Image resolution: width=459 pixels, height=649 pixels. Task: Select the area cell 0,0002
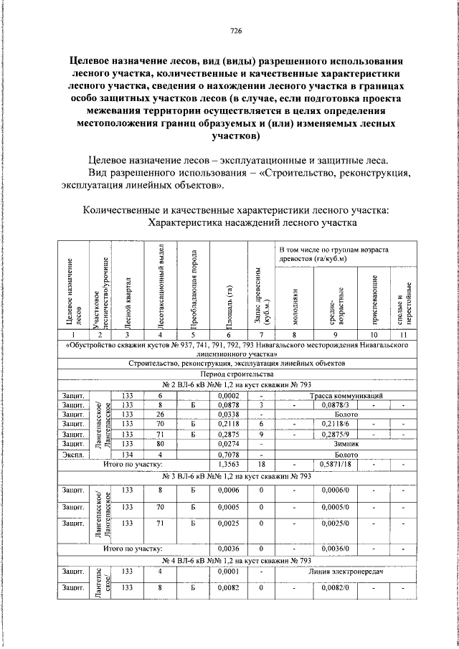pyautogui.click(x=228, y=395)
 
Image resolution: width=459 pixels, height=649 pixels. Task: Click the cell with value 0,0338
pyautogui.click(x=228, y=414)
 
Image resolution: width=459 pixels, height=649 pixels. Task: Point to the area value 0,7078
pyautogui.click(x=228, y=453)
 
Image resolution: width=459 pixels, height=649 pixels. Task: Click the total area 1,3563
pyautogui.click(x=228, y=464)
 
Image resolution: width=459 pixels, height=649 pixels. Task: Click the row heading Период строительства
pyautogui.click(x=237, y=374)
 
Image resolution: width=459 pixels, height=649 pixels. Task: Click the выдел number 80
pyautogui.click(x=161, y=443)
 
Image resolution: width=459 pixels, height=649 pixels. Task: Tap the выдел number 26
pyautogui.click(x=161, y=414)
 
